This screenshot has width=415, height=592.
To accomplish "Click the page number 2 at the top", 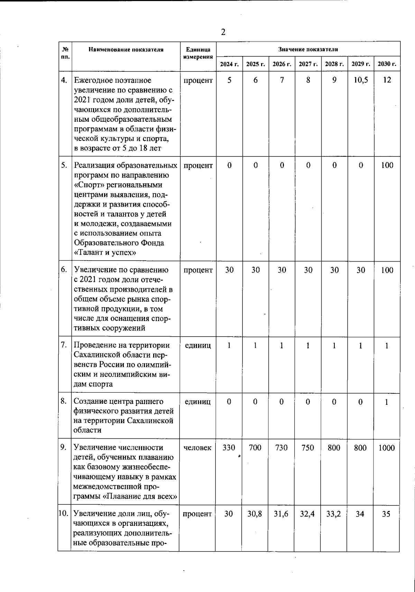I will (223, 32).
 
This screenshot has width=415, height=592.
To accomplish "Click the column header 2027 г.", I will (308, 64).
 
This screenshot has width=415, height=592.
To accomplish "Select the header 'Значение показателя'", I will (308, 49).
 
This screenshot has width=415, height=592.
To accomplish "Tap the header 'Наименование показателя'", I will (126, 49).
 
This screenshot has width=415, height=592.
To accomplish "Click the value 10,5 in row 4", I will (360, 80).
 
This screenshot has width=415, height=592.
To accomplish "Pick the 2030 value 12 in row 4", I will (387, 80).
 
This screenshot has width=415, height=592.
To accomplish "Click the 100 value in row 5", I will (387, 165).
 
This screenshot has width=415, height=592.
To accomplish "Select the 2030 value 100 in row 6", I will (387, 270).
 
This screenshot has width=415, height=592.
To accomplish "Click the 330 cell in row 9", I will (229, 448).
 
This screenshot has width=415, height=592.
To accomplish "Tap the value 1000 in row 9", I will (386, 448).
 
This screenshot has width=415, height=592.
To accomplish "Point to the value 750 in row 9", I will (307, 448).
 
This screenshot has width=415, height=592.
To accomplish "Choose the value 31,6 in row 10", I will (281, 514).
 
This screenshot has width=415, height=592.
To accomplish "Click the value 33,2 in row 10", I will (333, 514).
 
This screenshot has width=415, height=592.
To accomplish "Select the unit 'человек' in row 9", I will (197, 448).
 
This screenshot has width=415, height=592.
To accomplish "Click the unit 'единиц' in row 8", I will (197, 402).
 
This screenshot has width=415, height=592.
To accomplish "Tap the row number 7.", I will (64, 345).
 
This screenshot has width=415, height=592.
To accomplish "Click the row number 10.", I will (63, 513).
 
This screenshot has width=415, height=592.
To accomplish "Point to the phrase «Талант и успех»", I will (105, 253).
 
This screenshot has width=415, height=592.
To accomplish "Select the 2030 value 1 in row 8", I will (387, 402).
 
